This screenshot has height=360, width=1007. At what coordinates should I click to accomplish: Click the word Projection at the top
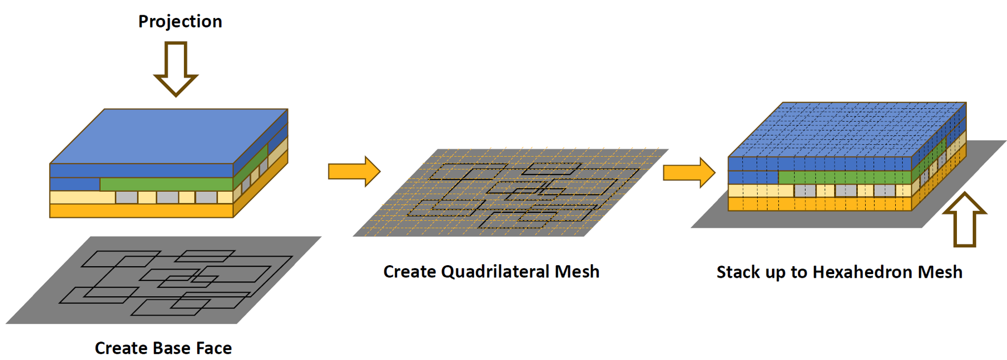click(x=180, y=21)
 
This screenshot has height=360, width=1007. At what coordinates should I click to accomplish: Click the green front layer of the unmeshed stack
click(x=166, y=184)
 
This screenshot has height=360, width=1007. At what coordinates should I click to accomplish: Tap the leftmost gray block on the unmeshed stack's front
click(x=127, y=198)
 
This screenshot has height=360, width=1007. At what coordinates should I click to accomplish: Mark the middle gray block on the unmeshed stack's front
click(x=167, y=198)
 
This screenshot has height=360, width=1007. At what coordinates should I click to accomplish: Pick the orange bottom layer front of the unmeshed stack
click(x=141, y=211)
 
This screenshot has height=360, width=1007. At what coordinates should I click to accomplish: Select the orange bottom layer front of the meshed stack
click(x=820, y=204)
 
